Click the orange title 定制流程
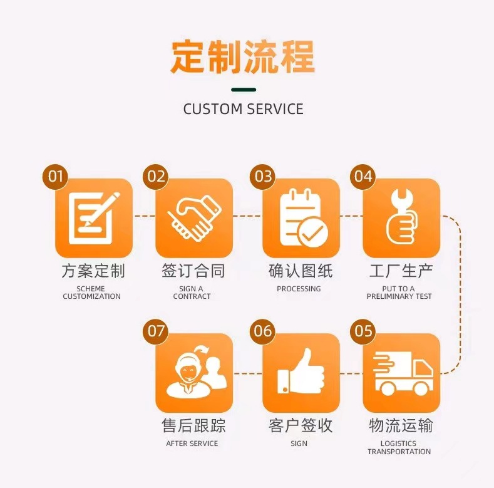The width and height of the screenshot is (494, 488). click(x=243, y=58)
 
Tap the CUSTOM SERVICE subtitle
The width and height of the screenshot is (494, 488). click(x=243, y=109)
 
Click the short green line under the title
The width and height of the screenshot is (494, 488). click(x=243, y=90)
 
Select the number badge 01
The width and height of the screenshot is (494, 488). click(x=56, y=177)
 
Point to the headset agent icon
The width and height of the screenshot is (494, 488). click(x=193, y=372)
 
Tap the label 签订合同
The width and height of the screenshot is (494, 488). click(x=193, y=271)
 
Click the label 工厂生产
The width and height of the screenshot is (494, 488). click(x=401, y=271)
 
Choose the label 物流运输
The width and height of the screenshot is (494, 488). click(x=401, y=426)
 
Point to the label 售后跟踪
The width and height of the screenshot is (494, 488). click(x=193, y=426)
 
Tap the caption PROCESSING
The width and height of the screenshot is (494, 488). click(x=299, y=289)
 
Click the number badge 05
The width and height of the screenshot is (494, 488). click(x=363, y=331)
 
